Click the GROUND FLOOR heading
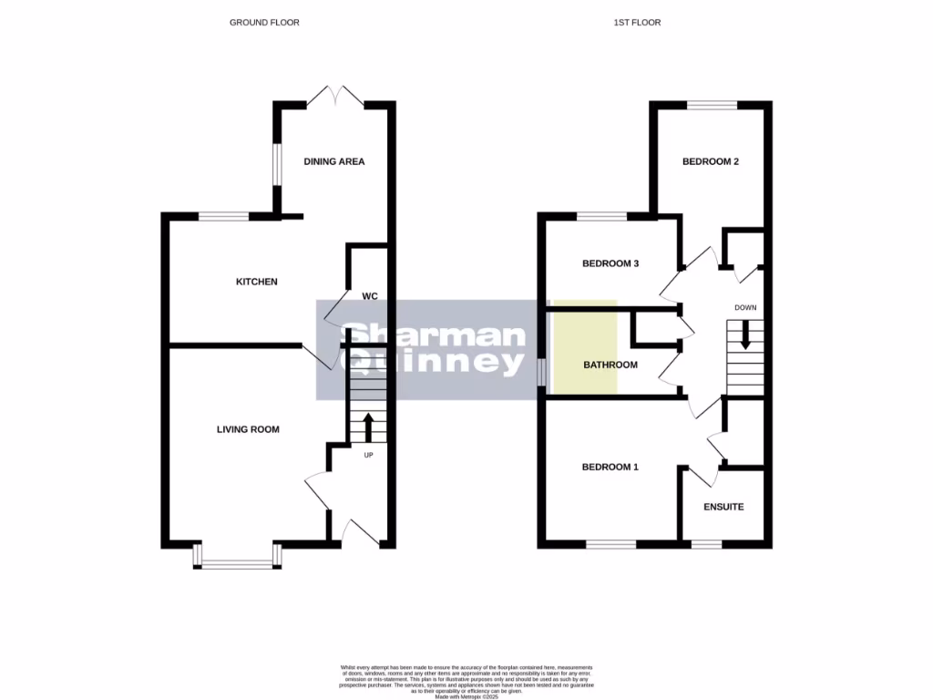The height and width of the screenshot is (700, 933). pyautogui.click(x=264, y=22)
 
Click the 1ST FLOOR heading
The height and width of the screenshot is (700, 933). pyautogui.click(x=637, y=22)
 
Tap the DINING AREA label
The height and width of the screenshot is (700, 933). pyautogui.click(x=334, y=161)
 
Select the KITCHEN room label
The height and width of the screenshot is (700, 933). pyautogui.click(x=257, y=282)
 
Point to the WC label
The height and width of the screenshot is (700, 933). pyautogui.click(x=370, y=296)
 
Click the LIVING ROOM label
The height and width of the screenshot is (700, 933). pyautogui.click(x=248, y=429)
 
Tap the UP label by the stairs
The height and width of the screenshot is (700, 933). pyautogui.click(x=369, y=455)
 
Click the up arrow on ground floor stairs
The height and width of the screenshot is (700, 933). pyautogui.click(x=369, y=426)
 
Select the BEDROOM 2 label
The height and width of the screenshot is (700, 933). pyautogui.click(x=711, y=161)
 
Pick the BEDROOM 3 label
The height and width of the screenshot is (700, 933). pyautogui.click(x=610, y=263)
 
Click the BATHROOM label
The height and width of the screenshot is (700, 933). pyautogui.click(x=610, y=365)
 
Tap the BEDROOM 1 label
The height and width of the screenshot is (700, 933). pyautogui.click(x=610, y=467)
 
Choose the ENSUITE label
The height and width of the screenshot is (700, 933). pyautogui.click(x=723, y=506)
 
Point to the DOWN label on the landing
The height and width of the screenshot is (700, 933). pyautogui.click(x=745, y=307)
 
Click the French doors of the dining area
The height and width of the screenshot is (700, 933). pyautogui.click(x=334, y=95)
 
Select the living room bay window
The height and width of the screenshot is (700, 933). pyautogui.click(x=237, y=563)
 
